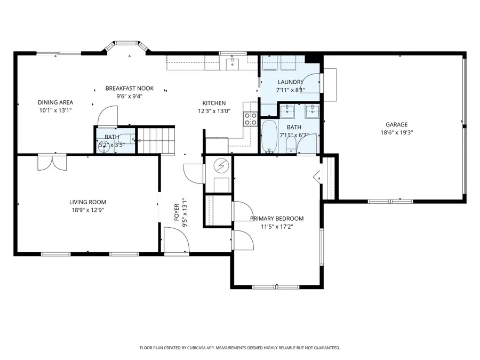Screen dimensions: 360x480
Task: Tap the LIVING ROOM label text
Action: [87, 202]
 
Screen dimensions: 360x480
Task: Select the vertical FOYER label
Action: [177, 213]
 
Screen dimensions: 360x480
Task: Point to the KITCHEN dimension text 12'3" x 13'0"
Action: [214, 111]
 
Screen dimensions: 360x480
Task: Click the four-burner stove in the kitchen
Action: [250, 118]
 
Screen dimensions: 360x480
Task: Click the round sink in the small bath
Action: [105, 147]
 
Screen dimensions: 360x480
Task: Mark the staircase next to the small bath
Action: [156, 140]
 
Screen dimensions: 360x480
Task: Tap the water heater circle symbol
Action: [220, 166]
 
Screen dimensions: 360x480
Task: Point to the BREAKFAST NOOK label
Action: [130, 89]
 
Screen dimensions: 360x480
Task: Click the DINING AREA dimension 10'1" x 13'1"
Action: [55, 110]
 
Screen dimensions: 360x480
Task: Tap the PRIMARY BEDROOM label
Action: [277, 218]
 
